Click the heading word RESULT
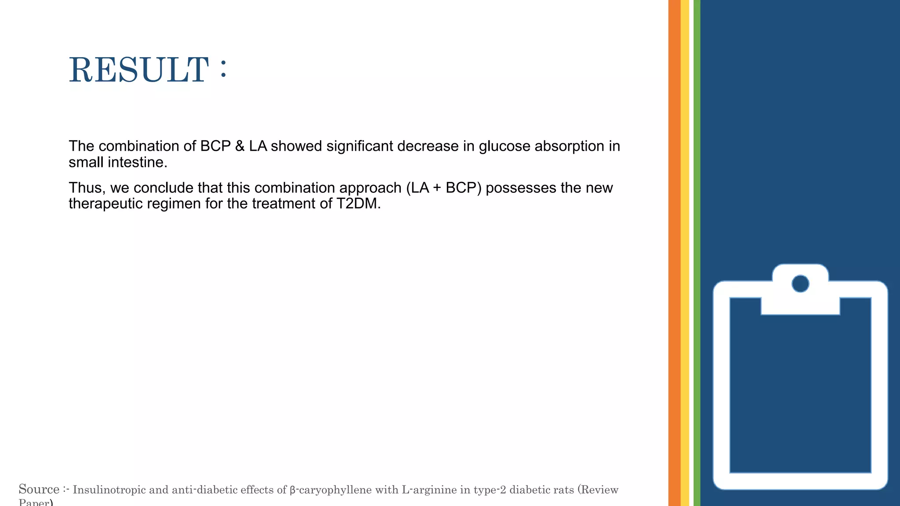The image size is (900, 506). coord(138,70)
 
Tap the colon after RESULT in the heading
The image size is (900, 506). coord(224,69)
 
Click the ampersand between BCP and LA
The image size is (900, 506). coord(240,146)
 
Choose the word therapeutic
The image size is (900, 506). coord(106,204)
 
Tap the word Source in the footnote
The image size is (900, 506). coord(39,489)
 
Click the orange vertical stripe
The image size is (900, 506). coord(674,253)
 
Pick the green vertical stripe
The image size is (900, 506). coord(697,253)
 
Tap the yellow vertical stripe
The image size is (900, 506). coord(685,253)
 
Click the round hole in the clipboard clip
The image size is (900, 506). coord(800,284)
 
